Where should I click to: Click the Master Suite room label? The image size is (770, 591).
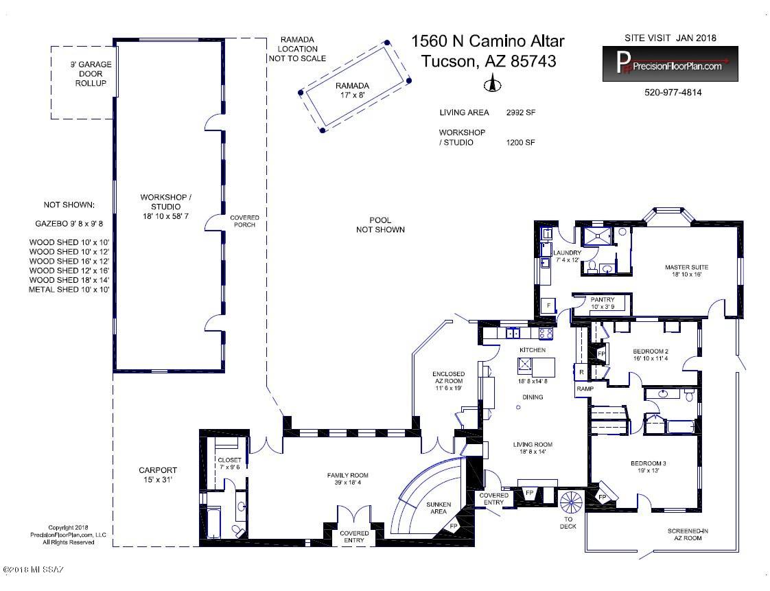click(x=686, y=270)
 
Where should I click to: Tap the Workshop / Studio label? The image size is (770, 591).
click(x=165, y=207)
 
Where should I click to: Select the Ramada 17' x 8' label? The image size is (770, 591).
click(x=352, y=90)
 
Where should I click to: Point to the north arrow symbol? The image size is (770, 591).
click(x=492, y=83)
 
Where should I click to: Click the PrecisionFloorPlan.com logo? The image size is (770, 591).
click(x=670, y=64)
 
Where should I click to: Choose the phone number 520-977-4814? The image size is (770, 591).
click(x=673, y=93)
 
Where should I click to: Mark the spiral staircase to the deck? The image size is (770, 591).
click(x=571, y=502)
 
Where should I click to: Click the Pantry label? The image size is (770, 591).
click(x=603, y=303)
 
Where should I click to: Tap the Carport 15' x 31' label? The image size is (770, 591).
click(x=158, y=474)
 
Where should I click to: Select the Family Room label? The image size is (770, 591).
click(x=348, y=479)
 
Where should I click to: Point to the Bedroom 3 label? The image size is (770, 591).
click(x=649, y=467)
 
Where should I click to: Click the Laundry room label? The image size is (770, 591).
click(x=567, y=256)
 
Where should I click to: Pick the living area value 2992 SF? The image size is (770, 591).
click(x=520, y=113)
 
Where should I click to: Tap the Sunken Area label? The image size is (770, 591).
click(x=439, y=508)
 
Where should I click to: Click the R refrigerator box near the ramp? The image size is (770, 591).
click(x=581, y=373)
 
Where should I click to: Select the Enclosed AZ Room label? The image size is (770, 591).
click(x=448, y=381)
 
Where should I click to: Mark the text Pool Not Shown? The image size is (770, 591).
click(x=381, y=225)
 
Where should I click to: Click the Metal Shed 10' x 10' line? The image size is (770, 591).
click(x=69, y=290)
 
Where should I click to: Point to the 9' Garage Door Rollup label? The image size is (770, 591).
click(x=91, y=73)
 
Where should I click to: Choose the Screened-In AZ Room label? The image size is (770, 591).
click(x=688, y=535)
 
